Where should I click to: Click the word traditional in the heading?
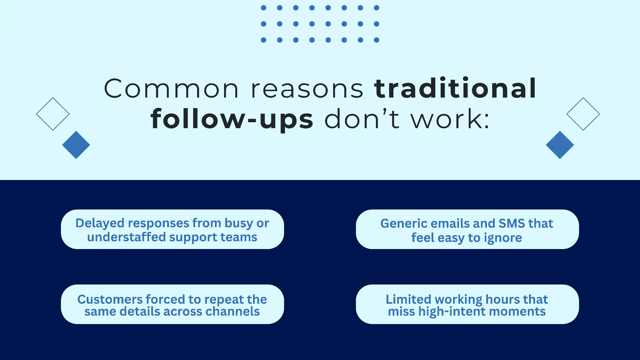(x=455, y=89)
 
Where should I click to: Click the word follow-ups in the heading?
(x=232, y=119)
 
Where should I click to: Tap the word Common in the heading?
(x=171, y=89)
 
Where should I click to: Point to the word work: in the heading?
(x=450, y=119)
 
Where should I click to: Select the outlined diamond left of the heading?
(x=53, y=114)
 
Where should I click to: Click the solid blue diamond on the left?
(x=76, y=145)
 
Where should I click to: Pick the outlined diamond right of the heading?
(x=583, y=114)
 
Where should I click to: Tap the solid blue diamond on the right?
(x=560, y=145)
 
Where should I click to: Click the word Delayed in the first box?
(x=100, y=223)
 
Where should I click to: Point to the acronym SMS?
(x=512, y=223)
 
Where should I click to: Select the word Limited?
(x=408, y=299)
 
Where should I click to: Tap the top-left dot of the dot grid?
(x=263, y=8)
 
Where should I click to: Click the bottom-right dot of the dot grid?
(x=377, y=40)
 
